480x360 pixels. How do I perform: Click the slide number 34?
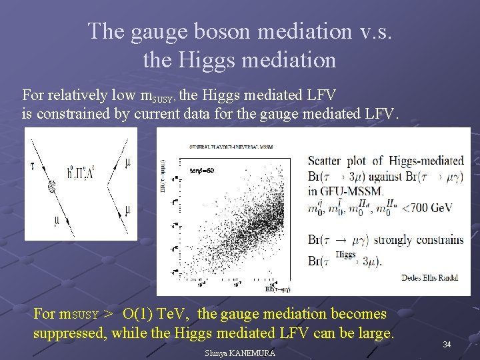[447, 345]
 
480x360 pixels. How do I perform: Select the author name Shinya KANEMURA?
[240, 353]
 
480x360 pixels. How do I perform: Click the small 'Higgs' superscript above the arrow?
[345, 253]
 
